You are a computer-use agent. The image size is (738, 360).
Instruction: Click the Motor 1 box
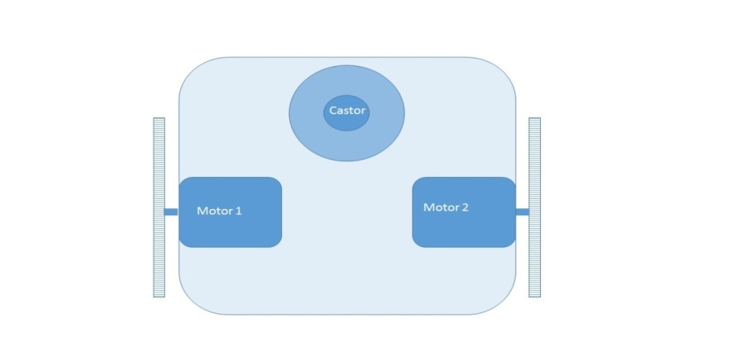pos(230,212)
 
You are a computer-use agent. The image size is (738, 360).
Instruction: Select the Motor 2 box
pos(464,212)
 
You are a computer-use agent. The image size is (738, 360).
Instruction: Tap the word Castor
pos(347,110)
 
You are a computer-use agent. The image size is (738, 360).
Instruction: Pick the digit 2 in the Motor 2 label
pos(465,207)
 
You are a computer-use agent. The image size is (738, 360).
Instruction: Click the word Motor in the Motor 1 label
pos(214,211)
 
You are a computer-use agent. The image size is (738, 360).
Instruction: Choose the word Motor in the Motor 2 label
pos(442,207)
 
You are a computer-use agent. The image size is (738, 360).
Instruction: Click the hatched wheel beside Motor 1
pos(159,207)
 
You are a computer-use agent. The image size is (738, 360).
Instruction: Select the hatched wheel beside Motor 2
pos(535,207)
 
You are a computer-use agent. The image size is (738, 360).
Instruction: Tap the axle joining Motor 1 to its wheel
pos(172,211)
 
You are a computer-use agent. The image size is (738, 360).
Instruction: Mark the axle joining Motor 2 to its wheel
pos(523,211)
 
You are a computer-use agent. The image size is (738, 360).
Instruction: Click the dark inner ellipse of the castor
pos(346,113)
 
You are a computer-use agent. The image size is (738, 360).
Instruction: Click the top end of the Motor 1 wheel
pos(159,118)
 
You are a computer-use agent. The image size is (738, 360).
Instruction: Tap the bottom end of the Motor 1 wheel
pos(159,297)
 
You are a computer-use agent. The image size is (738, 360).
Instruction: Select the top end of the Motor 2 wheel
pos(535,118)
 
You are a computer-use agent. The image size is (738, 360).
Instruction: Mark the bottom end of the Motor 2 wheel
pos(535,297)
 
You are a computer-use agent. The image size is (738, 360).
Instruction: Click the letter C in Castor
pos(333,110)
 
